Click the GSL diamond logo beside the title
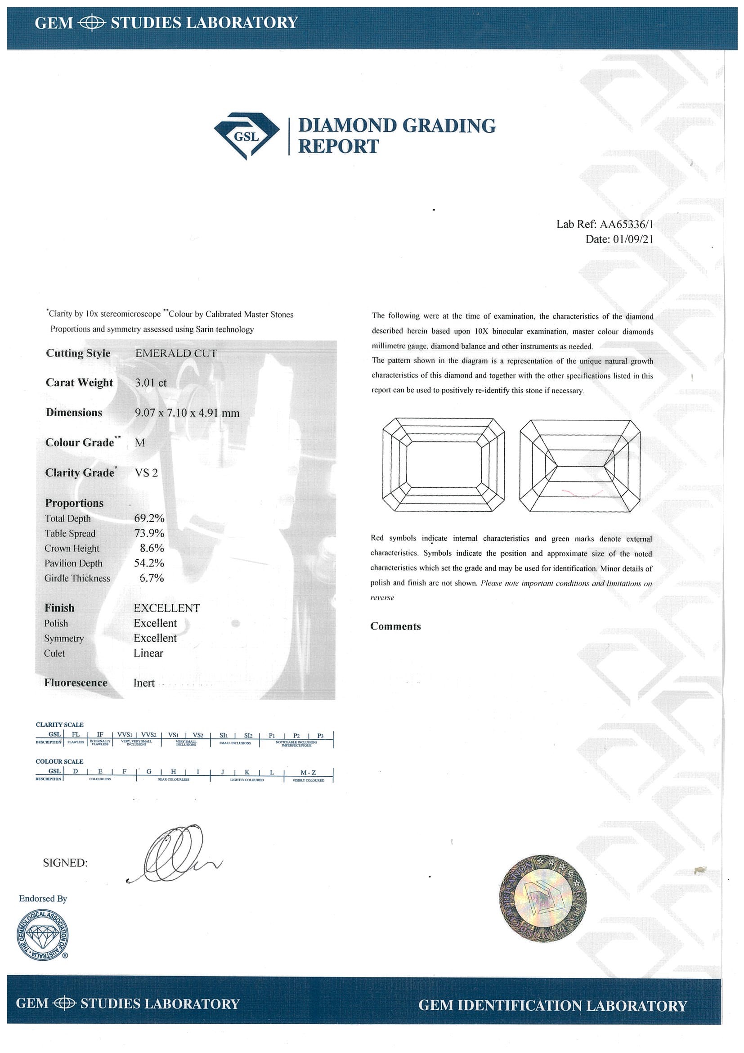point(247,136)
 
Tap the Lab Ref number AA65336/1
point(626,224)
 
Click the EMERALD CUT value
point(176,353)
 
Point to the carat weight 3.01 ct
point(151,382)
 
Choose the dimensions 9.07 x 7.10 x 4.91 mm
point(187,413)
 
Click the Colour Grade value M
point(140,442)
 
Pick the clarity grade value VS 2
point(146,473)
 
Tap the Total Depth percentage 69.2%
point(149,518)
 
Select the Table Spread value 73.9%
point(149,533)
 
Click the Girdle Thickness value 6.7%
point(152,578)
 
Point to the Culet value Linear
point(148,653)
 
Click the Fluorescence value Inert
point(144,683)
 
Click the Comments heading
point(395,626)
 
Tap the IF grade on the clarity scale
point(100,735)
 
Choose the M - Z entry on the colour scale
point(308,772)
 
